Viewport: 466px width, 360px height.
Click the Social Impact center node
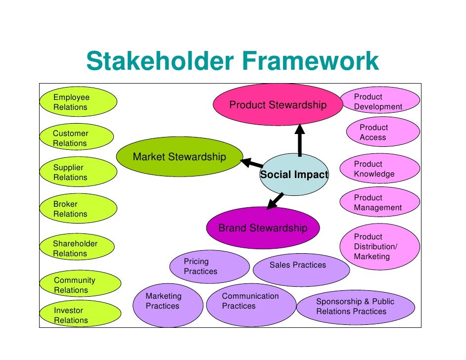click(294, 175)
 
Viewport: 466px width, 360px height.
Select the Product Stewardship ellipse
click(278, 105)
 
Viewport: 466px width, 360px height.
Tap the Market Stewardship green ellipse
click(180, 157)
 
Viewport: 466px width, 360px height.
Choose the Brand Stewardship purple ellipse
click(263, 228)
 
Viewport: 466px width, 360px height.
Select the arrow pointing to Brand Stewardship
click(275, 201)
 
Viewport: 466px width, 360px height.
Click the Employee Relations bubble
click(79, 102)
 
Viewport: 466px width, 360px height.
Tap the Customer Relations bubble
click(79, 138)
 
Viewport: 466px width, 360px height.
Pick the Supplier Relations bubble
click(79, 173)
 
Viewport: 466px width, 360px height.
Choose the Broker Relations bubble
click(79, 209)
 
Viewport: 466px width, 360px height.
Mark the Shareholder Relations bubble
click(79, 248)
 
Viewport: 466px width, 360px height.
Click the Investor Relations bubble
click(79, 315)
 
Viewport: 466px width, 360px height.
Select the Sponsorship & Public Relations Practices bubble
click(355, 307)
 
